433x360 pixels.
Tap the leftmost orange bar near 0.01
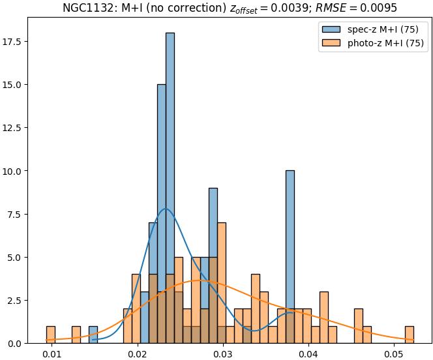tap(51, 335)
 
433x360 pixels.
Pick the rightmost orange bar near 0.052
tap(409, 335)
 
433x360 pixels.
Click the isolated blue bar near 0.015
tap(93, 335)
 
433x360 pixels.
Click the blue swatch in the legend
tap(331, 29)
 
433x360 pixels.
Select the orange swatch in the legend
tap(331, 44)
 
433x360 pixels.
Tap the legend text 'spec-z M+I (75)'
tap(380, 29)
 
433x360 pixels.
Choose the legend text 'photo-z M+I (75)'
tap(383, 44)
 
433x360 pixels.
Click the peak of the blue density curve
tap(166, 209)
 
